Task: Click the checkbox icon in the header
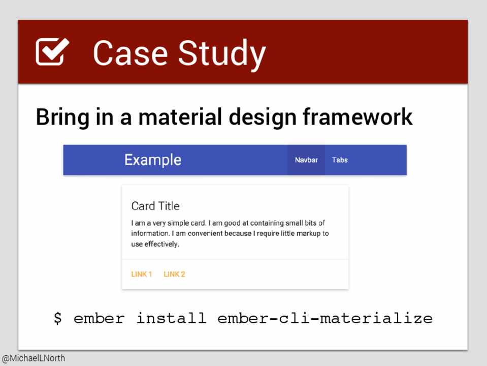point(52,52)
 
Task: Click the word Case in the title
point(131,53)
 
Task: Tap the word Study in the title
point(222,55)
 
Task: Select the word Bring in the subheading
point(62,117)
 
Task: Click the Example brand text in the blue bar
point(153,160)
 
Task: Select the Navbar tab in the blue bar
point(306,160)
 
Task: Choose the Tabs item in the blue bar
point(340,160)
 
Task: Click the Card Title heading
point(155,206)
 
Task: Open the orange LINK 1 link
point(142,274)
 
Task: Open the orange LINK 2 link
point(174,274)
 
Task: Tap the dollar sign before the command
point(58,318)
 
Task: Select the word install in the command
point(172,318)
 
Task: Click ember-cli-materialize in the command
point(325,318)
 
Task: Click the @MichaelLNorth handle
point(33,358)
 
